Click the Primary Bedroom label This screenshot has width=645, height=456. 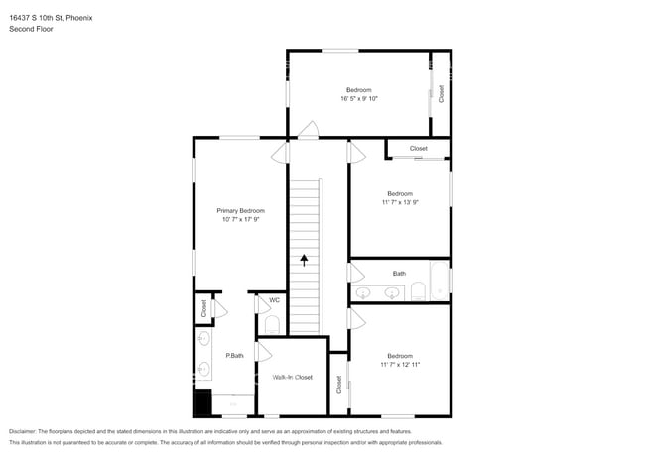pyautogui.click(x=241, y=210)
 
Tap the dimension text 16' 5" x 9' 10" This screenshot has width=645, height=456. pyautogui.click(x=359, y=98)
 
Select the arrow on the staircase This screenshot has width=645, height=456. pyautogui.click(x=305, y=260)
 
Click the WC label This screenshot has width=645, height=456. pyautogui.click(x=274, y=300)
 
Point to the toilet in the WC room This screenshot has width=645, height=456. pyautogui.click(x=273, y=324)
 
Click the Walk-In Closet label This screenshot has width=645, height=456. pyautogui.click(x=293, y=377)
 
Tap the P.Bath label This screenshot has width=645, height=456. pyautogui.click(x=235, y=355)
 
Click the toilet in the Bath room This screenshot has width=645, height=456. pyautogui.click(x=418, y=291)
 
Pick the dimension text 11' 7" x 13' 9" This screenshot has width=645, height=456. pyautogui.click(x=400, y=202)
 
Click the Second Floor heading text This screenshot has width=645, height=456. pyautogui.click(x=32, y=29)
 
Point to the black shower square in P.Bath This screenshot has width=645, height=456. pyautogui.click(x=203, y=401)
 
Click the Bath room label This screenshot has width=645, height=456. pyautogui.click(x=399, y=273)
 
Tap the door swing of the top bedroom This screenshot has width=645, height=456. pyautogui.click(x=309, y=130)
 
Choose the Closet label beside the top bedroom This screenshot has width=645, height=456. pyautogui.click(x=442, y=94)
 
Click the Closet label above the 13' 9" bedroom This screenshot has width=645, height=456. pyautogui.click(x=418, y=148)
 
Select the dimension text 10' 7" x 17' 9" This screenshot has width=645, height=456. pyautogui.click(x=241, y=219)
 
